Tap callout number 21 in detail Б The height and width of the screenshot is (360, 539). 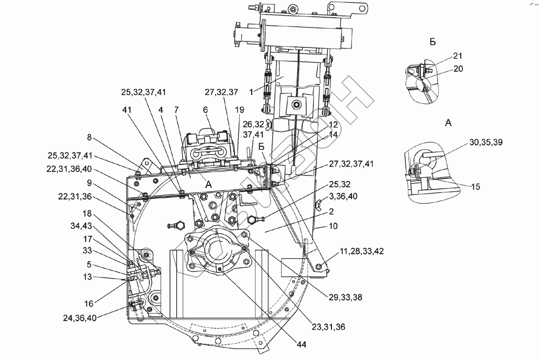(x=458, y=56)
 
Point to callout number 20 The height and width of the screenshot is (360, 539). (x=458, y=68)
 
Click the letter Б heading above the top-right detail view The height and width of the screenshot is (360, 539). (x=433, y=41)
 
